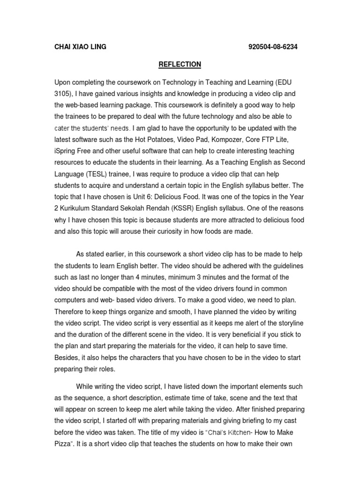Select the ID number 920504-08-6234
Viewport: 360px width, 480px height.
pos(273,47)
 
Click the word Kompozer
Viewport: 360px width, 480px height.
pos(223,140)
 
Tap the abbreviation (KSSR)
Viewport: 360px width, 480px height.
pos(177,209)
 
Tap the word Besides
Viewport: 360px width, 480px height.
pos(67,358)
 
